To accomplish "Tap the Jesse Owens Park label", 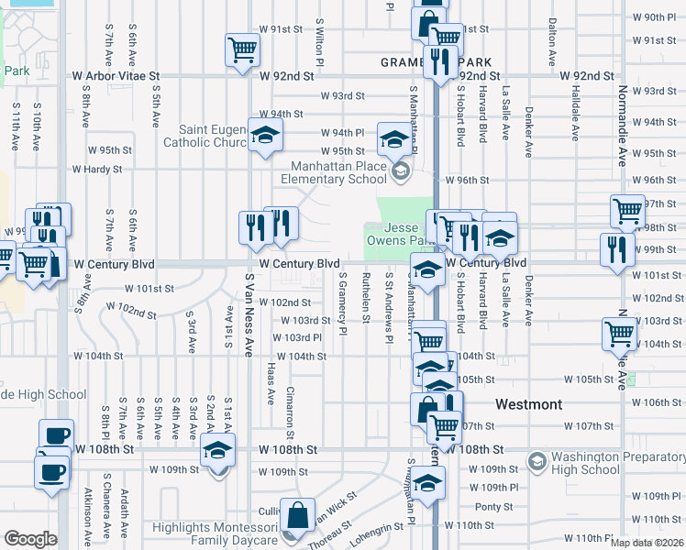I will (401, 235).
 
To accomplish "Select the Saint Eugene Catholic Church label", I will (211, 136).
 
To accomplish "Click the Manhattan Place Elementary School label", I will (338, 173).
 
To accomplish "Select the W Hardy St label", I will (97, 170).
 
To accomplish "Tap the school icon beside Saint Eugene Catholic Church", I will (266, 137).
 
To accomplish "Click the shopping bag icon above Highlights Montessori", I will (297, 515).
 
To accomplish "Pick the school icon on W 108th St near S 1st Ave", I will (218, 451).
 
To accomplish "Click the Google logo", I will (30, 539).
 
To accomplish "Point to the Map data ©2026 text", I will (647, 543).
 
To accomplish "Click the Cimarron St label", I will (289, 404).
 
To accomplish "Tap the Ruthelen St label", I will (366, 296).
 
